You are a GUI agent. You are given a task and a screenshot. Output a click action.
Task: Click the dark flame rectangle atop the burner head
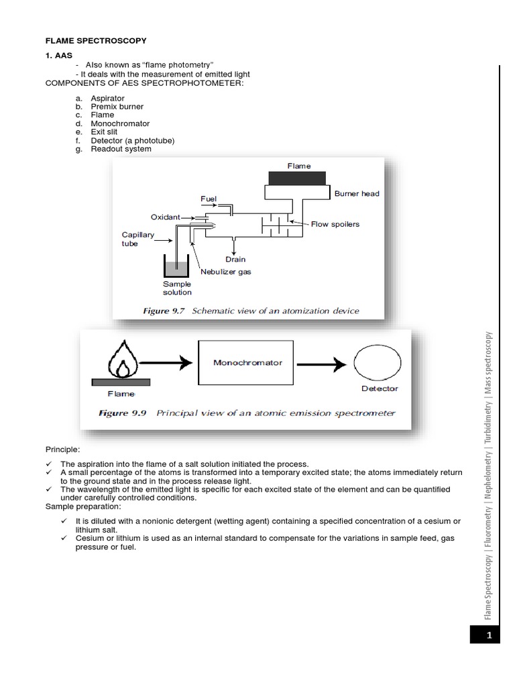[x=297, y=178]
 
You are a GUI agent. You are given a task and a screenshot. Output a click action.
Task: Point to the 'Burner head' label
[x=357, y=194]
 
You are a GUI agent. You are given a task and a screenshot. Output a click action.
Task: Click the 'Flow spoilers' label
[x=335, y=224]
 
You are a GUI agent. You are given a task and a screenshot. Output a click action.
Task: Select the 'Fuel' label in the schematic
[x=209, y=199]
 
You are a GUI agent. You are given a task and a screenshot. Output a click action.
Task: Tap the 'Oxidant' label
[x=165, y=217]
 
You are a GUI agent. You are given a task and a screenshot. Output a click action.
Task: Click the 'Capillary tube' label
[x=137, y=240]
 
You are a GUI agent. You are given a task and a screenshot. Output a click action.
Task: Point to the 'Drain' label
[x=235, y=259]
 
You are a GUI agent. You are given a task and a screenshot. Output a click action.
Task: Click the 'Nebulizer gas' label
[x=226, y=272]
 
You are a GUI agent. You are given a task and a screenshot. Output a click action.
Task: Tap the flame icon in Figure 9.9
[x=121, y=357]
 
